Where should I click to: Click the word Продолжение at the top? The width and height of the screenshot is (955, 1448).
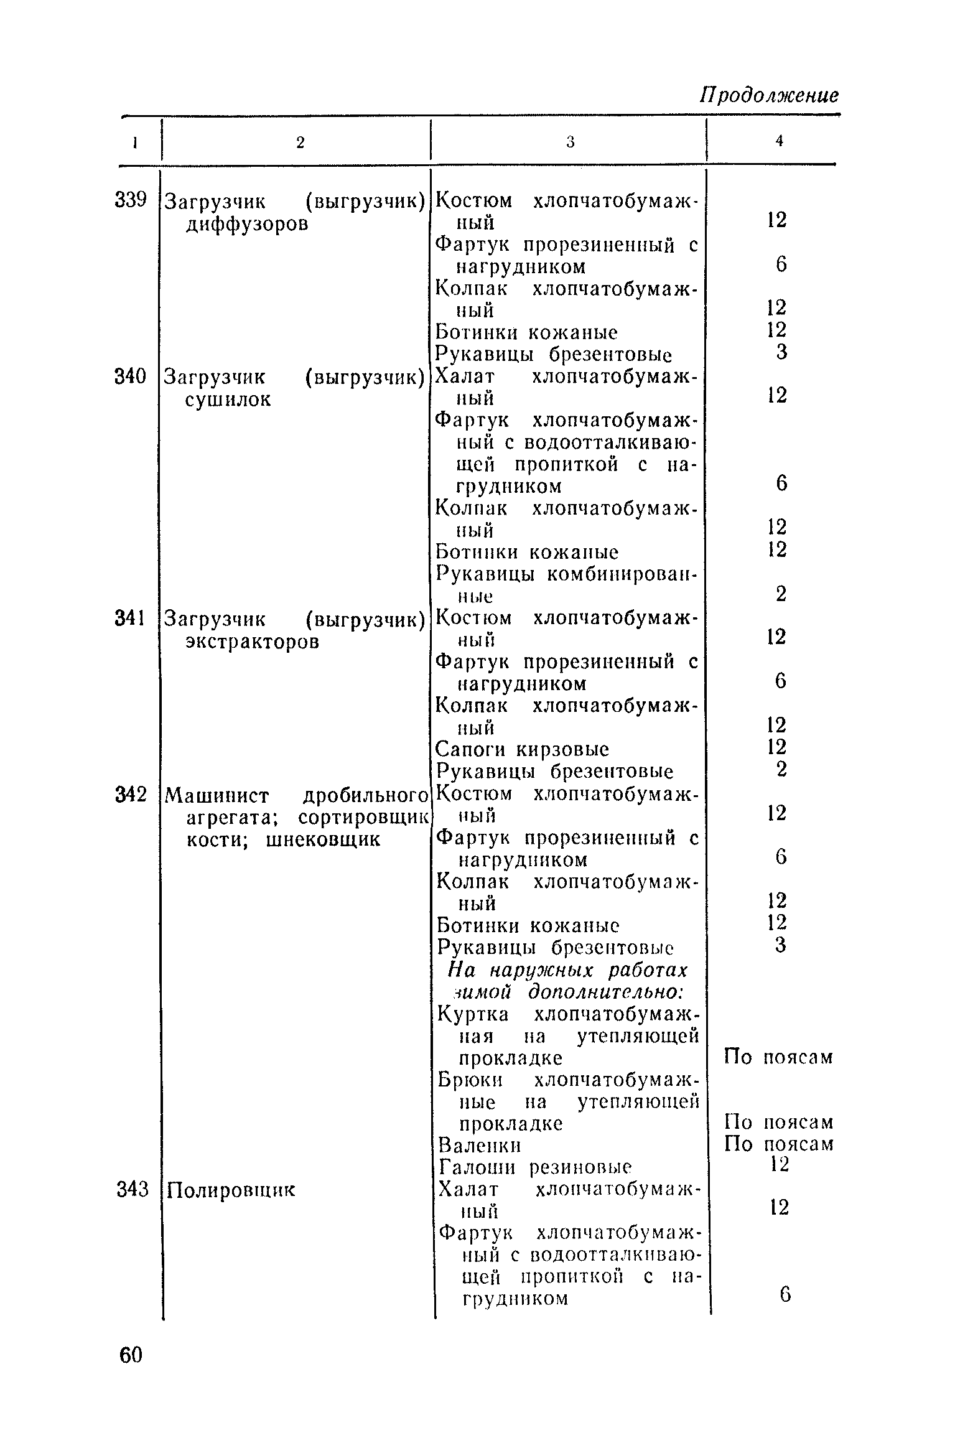point(770,96)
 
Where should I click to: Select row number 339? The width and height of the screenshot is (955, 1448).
point(131,201)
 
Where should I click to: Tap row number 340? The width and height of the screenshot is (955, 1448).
point(131,376)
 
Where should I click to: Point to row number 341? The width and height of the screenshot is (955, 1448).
point(131,619)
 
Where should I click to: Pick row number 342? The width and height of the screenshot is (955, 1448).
point(131,795)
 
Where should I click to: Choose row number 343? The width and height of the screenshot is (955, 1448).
point(133,1190)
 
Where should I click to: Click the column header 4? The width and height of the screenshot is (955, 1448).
point(779,142)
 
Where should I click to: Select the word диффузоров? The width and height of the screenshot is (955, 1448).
point(247,223)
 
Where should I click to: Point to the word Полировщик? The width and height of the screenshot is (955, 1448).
point(230,1190)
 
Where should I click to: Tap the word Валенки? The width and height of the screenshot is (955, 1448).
point(479,1146)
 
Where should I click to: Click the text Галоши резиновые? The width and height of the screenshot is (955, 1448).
point(535,1167)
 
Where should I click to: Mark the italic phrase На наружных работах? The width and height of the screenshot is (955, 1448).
point(568,971)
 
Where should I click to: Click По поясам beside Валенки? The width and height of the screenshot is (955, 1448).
point(779,1144)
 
